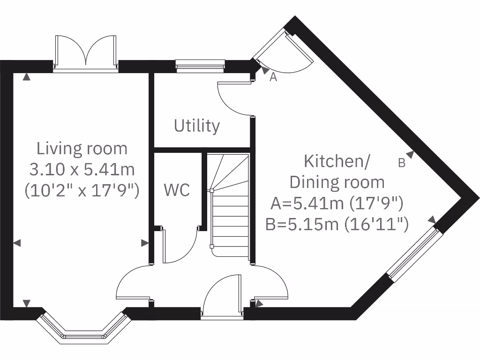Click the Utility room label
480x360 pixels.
(197, 126)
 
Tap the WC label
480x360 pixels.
(177, 190)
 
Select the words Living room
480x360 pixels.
(82, 149)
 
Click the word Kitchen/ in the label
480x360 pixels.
(337, 161)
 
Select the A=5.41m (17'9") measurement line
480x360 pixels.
(337, 203)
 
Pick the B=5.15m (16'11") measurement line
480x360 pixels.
(337, 224)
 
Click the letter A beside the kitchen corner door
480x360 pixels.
(274, 78)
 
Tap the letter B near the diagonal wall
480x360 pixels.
(401, 163)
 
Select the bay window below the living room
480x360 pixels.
(83, 328)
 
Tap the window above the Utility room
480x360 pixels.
(200, 66)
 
